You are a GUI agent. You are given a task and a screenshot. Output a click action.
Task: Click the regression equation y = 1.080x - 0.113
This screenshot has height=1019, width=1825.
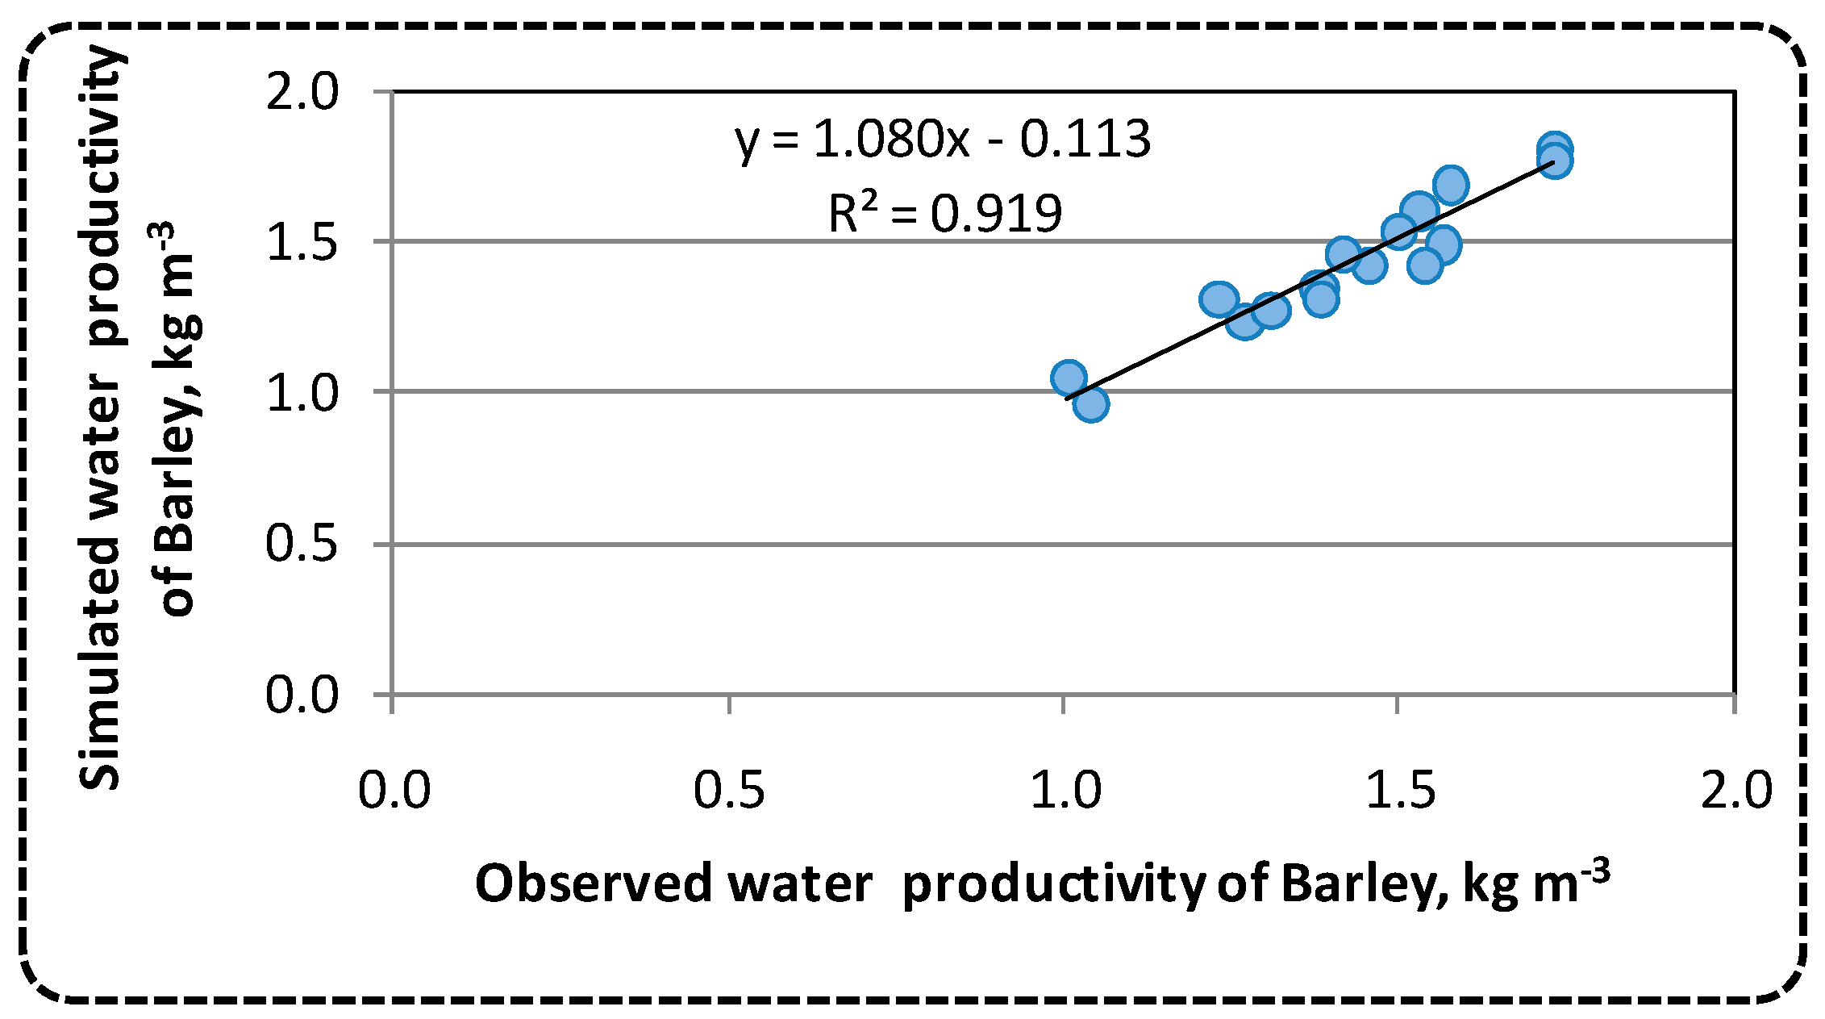(x=942, y=140)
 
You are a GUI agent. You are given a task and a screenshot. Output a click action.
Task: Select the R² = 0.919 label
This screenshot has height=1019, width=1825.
(x=945, y=214)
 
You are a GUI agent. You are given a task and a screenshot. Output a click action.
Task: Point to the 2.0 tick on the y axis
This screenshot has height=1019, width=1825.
(x=303, y=92)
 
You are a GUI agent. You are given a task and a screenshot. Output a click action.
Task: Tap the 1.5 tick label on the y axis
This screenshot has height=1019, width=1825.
(x=303, y=241)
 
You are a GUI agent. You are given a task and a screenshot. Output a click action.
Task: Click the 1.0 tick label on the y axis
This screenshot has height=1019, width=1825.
(x=303, y=393)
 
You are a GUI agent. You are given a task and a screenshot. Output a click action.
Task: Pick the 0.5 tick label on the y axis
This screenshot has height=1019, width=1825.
(x=303, y=543)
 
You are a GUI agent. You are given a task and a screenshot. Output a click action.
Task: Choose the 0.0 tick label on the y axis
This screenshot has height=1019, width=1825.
(x=303, y=694)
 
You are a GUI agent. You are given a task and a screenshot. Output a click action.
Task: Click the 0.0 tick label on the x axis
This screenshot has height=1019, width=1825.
(x=394, y=790)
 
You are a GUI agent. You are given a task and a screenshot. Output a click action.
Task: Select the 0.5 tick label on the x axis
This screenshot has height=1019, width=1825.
(x=729, y=790)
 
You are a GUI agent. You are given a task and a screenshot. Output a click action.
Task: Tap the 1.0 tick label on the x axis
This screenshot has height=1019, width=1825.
(x=1065, y=790)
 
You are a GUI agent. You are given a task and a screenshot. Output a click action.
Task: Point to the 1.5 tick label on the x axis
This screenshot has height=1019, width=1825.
(x=1400, y=790)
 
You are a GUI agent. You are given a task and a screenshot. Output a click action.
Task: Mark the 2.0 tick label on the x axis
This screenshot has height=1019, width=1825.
(x=1736, y=790)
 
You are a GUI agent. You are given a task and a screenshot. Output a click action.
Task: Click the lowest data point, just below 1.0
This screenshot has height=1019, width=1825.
(x=1090, y=404)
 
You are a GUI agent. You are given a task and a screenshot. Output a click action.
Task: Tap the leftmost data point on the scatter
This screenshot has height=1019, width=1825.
(x=1069, y=378)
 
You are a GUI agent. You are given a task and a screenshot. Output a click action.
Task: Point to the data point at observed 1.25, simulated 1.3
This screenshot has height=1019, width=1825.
(x=1219, y=299)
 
